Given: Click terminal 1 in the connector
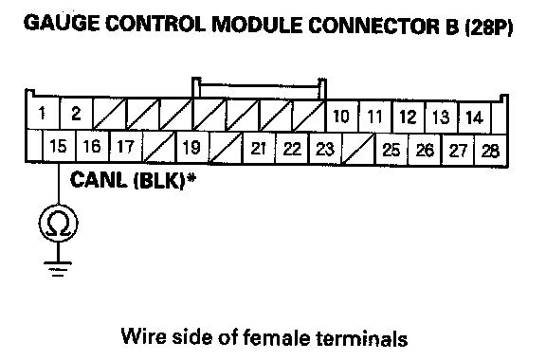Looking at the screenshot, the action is click(x=43, y=114).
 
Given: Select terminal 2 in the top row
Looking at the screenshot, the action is click(x=76, y=114).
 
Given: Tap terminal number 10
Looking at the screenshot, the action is click(x=341, y=117).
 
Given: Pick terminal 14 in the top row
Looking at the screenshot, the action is click(x=475, y=117).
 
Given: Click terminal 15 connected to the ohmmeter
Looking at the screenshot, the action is click(x=58, y=146).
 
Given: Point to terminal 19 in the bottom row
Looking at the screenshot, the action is click(x=191, y=147).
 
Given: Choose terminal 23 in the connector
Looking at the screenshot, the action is click(x=325, y=149).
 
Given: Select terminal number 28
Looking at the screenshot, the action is click(x=491, y=151).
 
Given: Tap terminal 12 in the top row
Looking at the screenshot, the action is click(x=409, y=117).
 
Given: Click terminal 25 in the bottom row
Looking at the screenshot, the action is click(x=391, y=150).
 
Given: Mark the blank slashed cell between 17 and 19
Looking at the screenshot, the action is click(x=159, y=147).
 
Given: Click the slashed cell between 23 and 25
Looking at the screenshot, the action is click(x=358, y=149).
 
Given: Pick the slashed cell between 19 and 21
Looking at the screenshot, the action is click(x=226, y=148).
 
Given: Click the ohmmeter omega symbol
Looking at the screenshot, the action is click(x=58, y=224).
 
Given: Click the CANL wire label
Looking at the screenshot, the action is click(x=99, y=180).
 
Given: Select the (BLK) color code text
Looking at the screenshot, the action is click(x=159, y=181).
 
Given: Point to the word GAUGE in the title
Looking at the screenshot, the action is click(x=62, y=24).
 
